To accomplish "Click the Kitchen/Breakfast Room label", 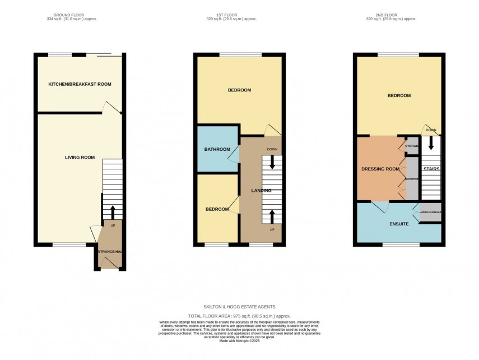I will click(x=80, y=84).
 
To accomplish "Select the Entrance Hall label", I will click(x=109, y=252).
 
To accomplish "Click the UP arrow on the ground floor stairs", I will click(x=113, y=212).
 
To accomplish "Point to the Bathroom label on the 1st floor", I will click(x=217, y=149).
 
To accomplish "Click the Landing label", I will click(x=261, y=191).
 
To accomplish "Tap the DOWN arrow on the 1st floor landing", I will click(x=272, y=162).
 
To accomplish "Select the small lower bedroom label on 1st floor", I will click(x=217, y=209).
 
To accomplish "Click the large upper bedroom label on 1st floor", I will click(x=239, y=90).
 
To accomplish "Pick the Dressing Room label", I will click(x=380, y=169).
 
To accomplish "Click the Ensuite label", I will click(x=399, y=224).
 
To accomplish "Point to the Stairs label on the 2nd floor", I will click(x=431, y=169).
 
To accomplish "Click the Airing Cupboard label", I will click(x=431, y=212).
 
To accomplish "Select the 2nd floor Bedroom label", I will click(x=399, y=95).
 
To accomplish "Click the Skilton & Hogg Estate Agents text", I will click(x=239, y=307).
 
